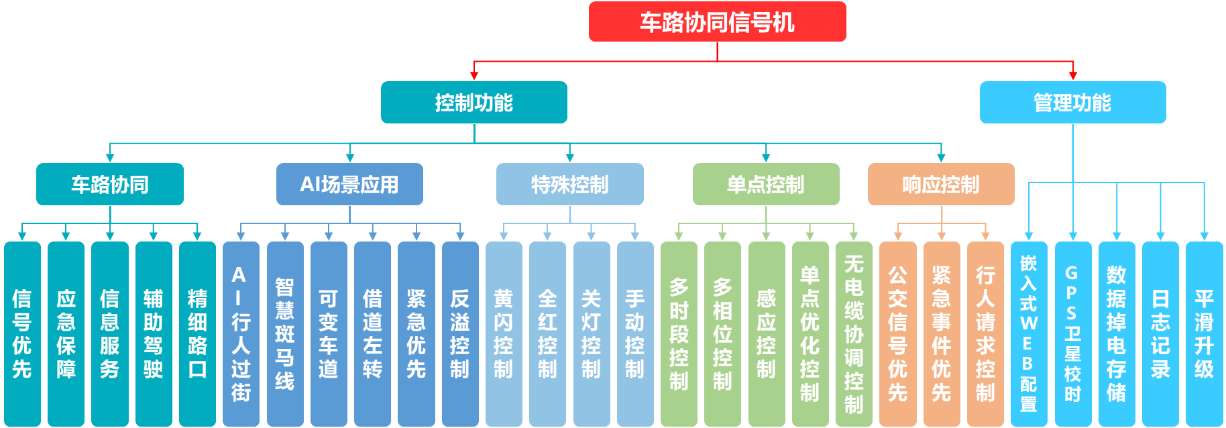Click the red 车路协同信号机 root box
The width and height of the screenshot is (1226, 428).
click(x=717, y=22)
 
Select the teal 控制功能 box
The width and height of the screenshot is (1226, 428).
click(x=473, y=103)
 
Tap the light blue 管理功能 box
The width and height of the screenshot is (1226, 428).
click(x=1072, y=103)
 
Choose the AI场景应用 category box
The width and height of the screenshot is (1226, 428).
click(x=349, y=184)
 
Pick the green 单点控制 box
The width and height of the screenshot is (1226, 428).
click(x=766, y=184)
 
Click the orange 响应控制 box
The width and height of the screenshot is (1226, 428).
click(x=941, y=184)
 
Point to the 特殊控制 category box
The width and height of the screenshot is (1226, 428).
click(x=569, y=184)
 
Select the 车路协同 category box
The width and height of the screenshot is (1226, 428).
click(x=110, y=184)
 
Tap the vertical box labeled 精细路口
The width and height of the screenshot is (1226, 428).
click(x=197, y=333)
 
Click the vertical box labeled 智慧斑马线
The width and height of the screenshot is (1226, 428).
click(x=285, y=333)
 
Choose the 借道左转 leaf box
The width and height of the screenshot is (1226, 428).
click(x=372, y=333)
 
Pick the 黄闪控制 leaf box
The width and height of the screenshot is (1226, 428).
click(x=504, y=333)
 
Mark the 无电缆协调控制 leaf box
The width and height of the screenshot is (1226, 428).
click(x=854, y=333)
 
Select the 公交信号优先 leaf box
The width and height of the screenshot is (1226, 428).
click(x=897, y=333)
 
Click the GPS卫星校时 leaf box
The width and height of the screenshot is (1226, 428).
click(x=1072, y=333)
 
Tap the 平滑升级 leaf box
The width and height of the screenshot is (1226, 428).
click(x=1204, y=333)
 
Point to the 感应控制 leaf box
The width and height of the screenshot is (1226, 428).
click(x=767, y=333)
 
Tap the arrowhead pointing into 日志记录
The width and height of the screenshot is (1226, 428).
click(x=1160, y=236)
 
